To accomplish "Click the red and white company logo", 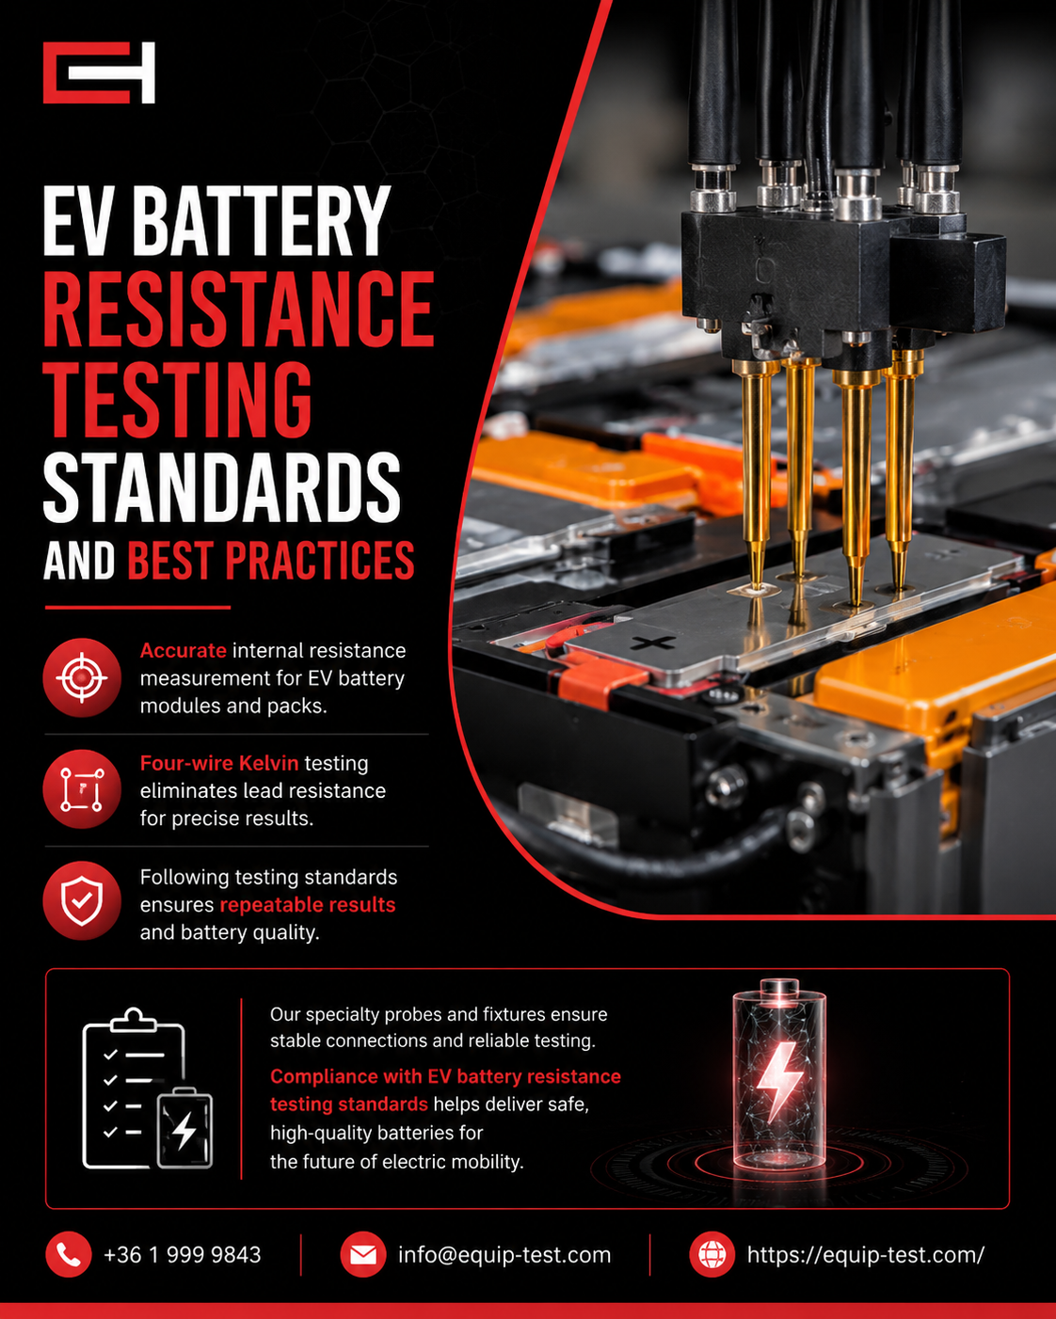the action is [99, 72].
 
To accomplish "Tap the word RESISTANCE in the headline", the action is [238, 310].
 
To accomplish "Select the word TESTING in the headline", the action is [177, 399].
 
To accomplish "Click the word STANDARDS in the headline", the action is [221, 487].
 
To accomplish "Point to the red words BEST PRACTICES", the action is [270, 560].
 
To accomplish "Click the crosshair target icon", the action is [82, 677].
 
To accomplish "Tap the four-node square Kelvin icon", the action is [82, 789].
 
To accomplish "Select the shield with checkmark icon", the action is [82, 900].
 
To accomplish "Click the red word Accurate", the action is [184, 650].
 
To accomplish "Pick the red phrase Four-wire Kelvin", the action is [219, 763].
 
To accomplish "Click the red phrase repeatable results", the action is [307, 905].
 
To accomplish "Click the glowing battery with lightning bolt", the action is [779, 1074].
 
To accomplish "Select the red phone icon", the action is [69, 1255].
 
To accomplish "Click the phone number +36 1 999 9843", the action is [183, 1255].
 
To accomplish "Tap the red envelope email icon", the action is [363, 1255].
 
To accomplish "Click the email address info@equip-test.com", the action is [504, 1255].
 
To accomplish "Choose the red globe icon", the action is [712, 1255].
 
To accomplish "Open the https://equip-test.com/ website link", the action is [865, 1255].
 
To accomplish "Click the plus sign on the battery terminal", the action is [653, 643].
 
